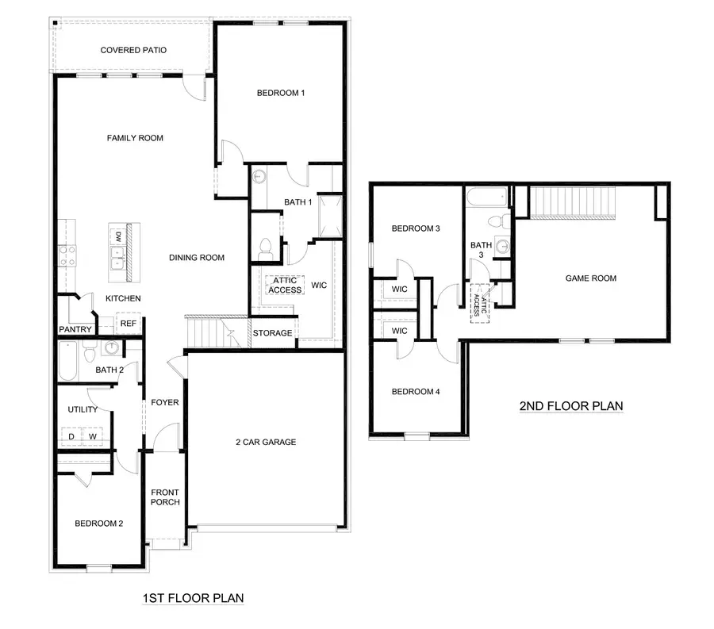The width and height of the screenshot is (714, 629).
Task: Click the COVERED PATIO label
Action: pyautogui.click(x=133, y=51)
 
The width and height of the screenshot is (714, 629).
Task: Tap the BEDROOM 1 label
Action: pyautogui.click(x=281, y=94)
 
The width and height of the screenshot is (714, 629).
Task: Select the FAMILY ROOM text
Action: pyautogui.click(x=135, y=138)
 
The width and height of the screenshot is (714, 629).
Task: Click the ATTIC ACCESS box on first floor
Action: pyautogui.click(x=285, y=286)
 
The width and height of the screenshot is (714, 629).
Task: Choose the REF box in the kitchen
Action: pyautogui.click(x=128, y=324)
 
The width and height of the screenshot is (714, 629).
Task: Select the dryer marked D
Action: pyautogui.click(x=71, y=436)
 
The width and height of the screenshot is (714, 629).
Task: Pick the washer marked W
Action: pyautogui.click(x=93, y=436)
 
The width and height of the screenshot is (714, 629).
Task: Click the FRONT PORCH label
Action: pyautogui.click(x=166, y=497)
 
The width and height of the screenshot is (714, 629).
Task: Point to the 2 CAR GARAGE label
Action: pyautogui.click(x=265, y=442)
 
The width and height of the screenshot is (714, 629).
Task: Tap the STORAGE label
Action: pyautogui.click(x=273, y=333)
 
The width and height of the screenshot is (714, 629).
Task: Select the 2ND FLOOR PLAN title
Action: pyautogui.click(x=570, y=406)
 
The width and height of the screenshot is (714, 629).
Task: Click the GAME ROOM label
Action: pyautogui.click(x=590, y=278)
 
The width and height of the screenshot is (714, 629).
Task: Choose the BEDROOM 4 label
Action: pyautogui.click(x=416, y=392)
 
